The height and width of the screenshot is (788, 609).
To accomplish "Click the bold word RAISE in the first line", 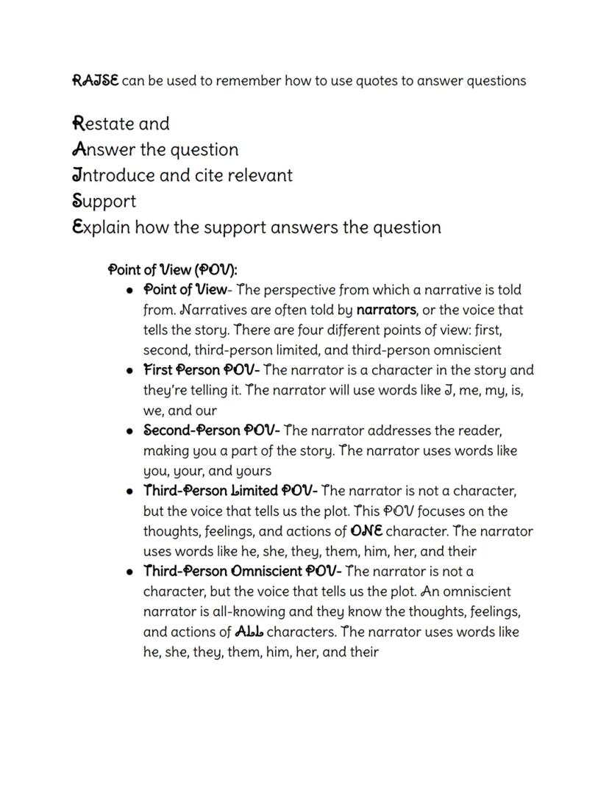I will click(95, 80).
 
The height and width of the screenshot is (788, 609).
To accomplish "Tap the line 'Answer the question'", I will click(155, 149).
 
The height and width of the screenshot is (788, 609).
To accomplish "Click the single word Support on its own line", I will click(104, 201).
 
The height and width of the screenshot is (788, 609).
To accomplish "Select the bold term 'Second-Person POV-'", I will click(211, 430).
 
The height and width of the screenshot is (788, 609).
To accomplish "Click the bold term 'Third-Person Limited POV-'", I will click(230, 491).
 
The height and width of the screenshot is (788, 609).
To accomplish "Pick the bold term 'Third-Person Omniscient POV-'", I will click(242, 571).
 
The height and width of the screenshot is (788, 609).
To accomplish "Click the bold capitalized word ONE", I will click(366, 531).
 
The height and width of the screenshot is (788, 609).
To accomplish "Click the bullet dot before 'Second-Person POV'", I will click(129, 431).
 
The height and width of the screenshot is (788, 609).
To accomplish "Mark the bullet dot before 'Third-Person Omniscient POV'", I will click(129, 572).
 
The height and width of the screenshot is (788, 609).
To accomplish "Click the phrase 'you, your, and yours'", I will click(207, 471).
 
